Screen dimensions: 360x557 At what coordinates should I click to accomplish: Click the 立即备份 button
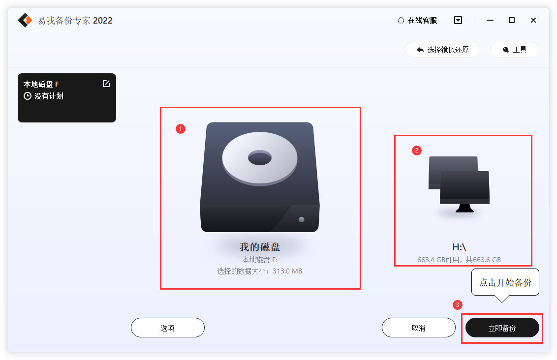502,328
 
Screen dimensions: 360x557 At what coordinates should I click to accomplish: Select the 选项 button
167,328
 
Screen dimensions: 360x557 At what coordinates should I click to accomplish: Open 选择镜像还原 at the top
442,50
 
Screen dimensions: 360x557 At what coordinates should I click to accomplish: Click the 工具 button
514,50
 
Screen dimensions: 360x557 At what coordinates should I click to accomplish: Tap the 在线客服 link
417,20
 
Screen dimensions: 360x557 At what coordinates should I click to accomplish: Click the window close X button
533,20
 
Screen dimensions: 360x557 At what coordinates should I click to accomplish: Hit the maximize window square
512,20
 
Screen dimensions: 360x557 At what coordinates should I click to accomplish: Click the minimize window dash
490,20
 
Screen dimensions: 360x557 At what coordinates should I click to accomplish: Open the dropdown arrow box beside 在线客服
458,20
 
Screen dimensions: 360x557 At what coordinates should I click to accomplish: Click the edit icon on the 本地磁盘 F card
106,84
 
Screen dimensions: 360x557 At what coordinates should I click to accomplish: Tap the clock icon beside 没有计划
28,96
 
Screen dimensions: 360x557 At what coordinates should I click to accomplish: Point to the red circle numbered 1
181,129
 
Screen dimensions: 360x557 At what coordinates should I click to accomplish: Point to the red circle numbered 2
417,150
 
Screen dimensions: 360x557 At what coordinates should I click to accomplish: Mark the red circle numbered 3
458,305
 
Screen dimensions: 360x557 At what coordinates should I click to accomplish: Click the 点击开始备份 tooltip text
505,283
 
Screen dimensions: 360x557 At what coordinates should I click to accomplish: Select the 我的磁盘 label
260,247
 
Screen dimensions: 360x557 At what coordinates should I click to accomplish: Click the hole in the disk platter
259,158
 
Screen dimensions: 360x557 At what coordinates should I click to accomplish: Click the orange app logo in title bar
25,20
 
